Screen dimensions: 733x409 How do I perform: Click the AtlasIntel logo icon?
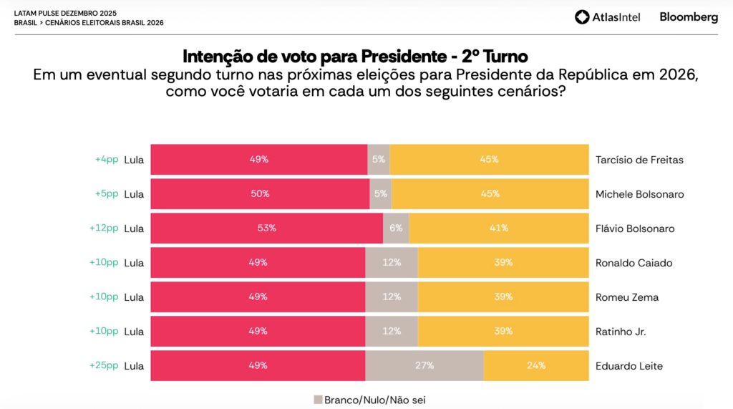coord(582,17)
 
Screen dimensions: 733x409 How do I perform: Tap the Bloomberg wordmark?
coord(689,17)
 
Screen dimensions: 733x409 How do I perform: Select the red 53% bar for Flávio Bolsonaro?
coord(266,228)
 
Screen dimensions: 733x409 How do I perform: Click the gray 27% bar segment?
coord(424,365)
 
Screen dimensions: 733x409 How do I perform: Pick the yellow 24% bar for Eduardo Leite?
coord(536,365)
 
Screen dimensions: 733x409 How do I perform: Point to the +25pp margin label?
coord(104,365)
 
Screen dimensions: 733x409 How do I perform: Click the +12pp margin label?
coord(104,228)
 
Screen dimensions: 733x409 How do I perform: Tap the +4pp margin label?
coord(107,160)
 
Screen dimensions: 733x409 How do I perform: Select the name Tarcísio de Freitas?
coord(639,160)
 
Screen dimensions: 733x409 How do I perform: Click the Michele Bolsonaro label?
coord(639,194)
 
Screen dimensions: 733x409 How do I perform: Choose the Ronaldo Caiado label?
coord(634,263)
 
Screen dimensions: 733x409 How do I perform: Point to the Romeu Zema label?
coord(627,297)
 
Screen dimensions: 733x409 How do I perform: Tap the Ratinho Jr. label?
coord(621,332)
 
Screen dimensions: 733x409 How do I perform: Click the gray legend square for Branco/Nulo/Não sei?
coord(318,400)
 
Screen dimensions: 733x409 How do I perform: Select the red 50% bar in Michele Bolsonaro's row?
coord(260,193)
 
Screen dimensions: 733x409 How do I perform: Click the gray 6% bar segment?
coord(396,228)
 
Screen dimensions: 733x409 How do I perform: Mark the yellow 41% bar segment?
coord(499,228)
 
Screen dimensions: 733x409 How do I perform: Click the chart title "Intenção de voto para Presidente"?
coord(314,57)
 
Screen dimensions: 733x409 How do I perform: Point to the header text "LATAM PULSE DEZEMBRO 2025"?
coord(65,14)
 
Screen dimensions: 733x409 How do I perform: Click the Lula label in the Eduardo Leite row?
coord(134,366)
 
